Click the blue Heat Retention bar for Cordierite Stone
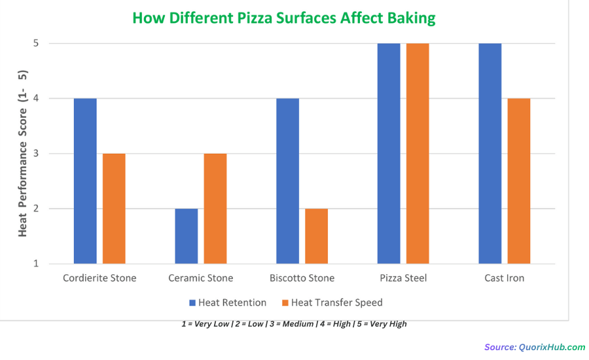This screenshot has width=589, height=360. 85,181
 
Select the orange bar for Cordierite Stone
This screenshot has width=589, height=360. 114,209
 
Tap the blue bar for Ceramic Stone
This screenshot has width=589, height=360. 186,236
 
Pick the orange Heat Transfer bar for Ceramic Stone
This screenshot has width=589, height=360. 215,209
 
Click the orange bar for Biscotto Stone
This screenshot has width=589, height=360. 316,236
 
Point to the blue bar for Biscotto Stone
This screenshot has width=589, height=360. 287,181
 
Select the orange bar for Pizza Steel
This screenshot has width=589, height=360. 418,154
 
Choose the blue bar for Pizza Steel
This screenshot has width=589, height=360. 389,154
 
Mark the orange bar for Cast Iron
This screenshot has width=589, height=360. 518,181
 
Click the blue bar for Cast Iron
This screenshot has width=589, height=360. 490,154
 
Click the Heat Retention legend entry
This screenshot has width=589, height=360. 228,302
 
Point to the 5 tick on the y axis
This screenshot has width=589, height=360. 36,43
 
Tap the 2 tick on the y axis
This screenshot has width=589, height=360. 36,209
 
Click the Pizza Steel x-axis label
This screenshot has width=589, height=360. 403,278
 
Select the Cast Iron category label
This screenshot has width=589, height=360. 504,278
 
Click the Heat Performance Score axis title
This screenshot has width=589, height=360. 22,153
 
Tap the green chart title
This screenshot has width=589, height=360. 284,18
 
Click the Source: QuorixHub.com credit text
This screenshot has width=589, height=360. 535,347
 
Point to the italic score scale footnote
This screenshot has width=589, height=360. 294,324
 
